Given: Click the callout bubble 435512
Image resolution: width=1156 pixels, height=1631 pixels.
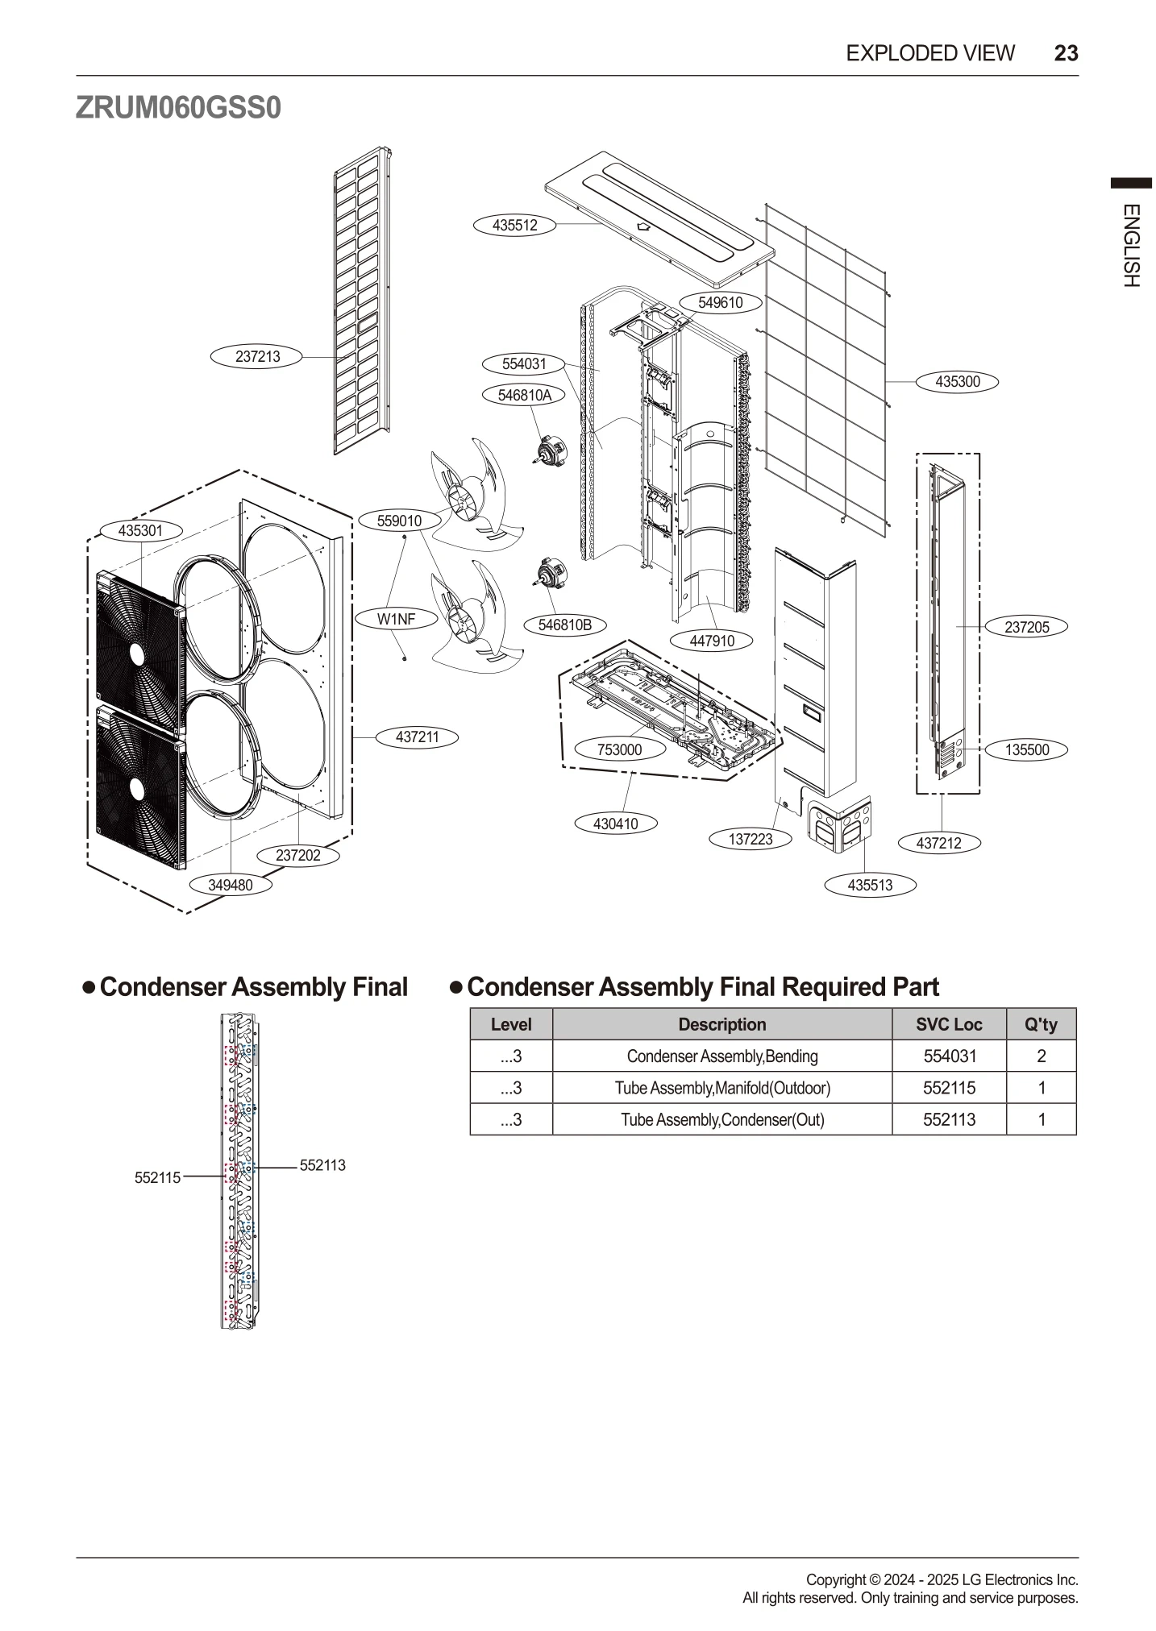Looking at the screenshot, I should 514,225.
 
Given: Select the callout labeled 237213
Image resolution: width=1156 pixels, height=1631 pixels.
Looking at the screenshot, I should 257,356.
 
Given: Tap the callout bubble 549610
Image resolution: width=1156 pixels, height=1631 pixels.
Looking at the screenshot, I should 720,302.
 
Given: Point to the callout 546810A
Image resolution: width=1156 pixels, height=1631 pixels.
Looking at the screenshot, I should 524,395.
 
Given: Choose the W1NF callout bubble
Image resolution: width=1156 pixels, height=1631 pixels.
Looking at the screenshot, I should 396,619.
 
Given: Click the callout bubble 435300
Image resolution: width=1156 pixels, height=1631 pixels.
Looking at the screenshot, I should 957,381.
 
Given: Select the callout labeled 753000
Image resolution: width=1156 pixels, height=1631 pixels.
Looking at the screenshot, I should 619,749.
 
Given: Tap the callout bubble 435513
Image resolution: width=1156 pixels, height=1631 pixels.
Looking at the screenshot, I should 870,885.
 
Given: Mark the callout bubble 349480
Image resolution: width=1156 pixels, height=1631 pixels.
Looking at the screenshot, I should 231,885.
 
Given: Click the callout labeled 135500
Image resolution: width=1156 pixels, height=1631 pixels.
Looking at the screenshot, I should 1026,749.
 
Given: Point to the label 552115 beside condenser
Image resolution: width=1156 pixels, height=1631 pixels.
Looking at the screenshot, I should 157,1177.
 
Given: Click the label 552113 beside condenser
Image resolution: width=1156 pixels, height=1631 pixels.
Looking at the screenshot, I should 322,1165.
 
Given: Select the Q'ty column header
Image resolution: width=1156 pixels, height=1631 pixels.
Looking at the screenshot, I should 1041,1024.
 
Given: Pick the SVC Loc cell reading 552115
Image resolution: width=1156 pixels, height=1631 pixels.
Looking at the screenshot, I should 949,1088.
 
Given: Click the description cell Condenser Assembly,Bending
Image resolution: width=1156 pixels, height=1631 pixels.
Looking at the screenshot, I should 721,1056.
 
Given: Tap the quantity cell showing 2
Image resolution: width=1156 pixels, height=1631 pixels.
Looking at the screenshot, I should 1041,1056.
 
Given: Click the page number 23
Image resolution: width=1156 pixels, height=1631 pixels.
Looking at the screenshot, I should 1066,53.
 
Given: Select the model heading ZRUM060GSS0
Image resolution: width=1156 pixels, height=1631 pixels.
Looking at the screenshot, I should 178,107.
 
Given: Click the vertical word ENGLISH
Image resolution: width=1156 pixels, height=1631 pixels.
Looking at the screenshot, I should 1130,245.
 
